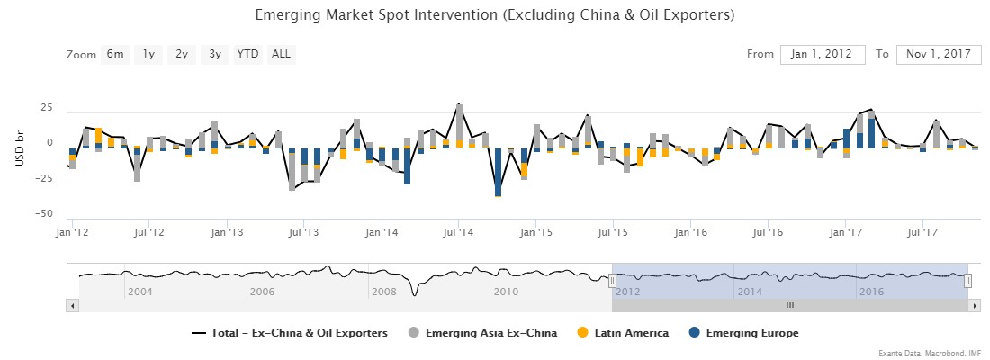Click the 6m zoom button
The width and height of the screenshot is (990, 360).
coord(115,54)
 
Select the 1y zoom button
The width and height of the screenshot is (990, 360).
coord(148,54)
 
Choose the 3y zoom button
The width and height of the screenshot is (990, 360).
coord(214,54)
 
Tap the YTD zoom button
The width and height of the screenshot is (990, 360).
coord(247,54)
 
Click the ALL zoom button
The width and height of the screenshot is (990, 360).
coord(281,54)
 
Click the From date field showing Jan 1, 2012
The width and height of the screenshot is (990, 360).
coord(823,54)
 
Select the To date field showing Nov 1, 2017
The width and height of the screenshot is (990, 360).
coord(939,54)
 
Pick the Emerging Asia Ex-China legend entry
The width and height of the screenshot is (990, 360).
coord(490,333)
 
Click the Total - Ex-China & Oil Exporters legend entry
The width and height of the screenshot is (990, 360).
coord(298,333)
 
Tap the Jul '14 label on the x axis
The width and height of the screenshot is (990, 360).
coord(458,232)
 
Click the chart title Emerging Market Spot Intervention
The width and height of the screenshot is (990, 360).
coord(495,16)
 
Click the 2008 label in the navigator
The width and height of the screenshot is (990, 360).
coord(384,292)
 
